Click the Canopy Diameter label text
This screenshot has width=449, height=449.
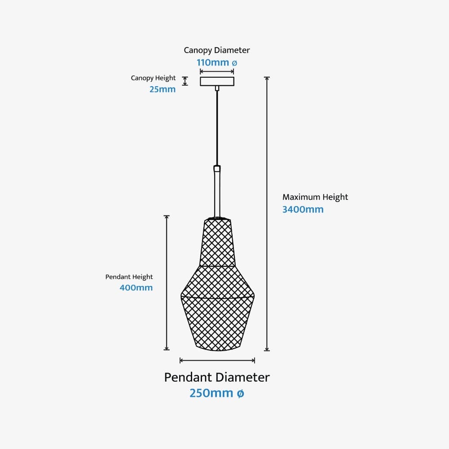(x=217, y=50)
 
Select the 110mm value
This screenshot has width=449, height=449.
(x=213, y=62)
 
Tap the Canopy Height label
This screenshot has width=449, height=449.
(x=153, y=78)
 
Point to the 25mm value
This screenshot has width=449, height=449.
(x=162, y=89)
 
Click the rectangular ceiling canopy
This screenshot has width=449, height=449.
(x=217, y=81)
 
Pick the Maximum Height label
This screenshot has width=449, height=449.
(x=315, y=197)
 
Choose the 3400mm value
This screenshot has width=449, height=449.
(x=303, y=209)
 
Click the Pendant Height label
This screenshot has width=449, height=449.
(x=129, y=277)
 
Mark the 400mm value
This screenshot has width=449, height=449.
(x=136, y=288)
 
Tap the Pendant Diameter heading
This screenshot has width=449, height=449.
(x=217, y=377)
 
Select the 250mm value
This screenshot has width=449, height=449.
(x=211, y=393)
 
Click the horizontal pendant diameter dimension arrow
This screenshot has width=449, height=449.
(x=217, y=360)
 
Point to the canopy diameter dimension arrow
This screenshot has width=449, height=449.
(x=217, y=71)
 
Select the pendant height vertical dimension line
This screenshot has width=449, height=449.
(x=167, y=283)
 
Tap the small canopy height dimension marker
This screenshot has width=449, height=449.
(x=185, y=81)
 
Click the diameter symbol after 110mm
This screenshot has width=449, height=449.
(x=234, y=63)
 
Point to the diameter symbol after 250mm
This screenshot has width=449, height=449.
(x=240, y=394)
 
